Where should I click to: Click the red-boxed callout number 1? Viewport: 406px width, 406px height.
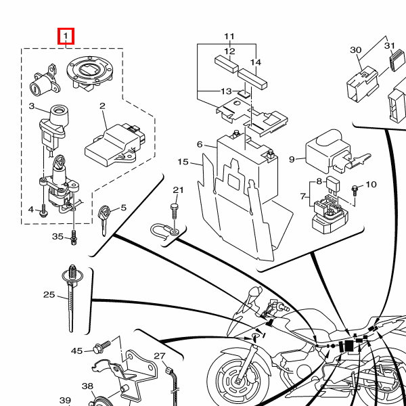tap(66, 35)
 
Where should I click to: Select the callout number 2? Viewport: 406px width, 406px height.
tap(103, 106)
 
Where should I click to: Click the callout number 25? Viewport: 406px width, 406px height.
tap(49, 294)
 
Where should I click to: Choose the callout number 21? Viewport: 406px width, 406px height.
tap(178, 190)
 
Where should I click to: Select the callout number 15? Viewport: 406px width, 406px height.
tap(183, 162)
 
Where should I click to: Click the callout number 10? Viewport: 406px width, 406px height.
tap(371, 185)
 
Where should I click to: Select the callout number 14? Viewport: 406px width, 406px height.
tap(255, 62)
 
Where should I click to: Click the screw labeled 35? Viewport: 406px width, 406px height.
tap(73, 238)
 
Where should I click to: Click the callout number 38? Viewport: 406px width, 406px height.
tap(87, 386)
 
